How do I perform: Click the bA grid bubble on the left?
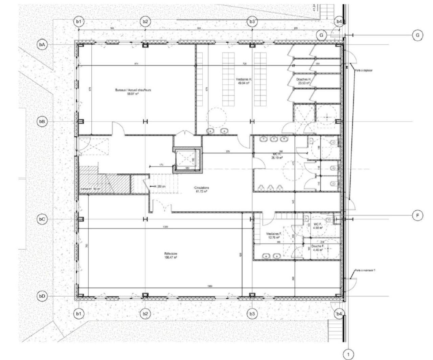[x=42, y=45]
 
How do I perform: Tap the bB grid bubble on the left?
[x=42, y=122]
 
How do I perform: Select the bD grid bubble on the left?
[x=42, y=296]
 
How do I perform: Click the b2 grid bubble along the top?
[x=145, y=22]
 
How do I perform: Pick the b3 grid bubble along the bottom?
[x=252, y=314]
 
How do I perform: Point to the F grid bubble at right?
[x=417, y=215]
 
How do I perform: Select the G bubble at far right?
[x=417, y=35]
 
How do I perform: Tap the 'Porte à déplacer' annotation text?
[x=364, y=70]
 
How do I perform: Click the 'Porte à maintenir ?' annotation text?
[x=365, y=270]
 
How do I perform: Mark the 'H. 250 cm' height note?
[x=160, y=186]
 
